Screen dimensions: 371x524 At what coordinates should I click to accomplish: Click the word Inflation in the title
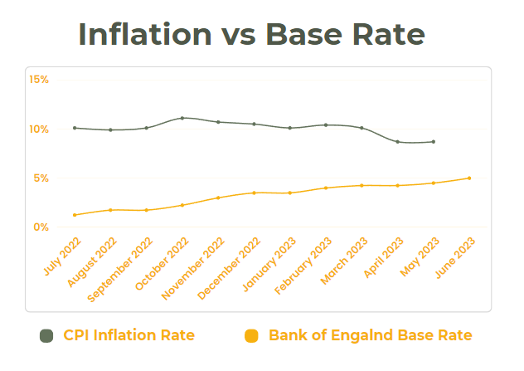click(x=145, y=34)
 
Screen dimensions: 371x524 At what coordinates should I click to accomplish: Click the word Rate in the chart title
click(x=386, y=34)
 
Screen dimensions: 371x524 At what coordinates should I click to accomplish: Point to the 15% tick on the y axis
click(x=39, y=80)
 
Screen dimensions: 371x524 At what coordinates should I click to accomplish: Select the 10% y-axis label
click(x=39, y=129)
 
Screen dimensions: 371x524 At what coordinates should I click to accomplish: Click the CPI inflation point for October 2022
click(x=182, y=118)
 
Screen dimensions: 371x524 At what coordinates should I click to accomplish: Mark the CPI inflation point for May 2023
click(x=434, y=142)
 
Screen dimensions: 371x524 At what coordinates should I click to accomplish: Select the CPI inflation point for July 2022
click(x=75, y=128)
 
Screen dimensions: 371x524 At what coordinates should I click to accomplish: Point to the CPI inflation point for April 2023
click(x=398, y=142)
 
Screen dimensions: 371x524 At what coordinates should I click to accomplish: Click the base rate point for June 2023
click(x=469, y=178)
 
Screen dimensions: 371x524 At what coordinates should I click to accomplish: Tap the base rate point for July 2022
click(x=75, y=215)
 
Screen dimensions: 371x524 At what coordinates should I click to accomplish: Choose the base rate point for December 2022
click(x=254, y=193)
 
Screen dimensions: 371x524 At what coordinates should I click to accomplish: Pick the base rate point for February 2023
click(x=326, y=188)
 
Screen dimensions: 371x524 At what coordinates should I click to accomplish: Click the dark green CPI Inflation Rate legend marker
click(x=46, y=335)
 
